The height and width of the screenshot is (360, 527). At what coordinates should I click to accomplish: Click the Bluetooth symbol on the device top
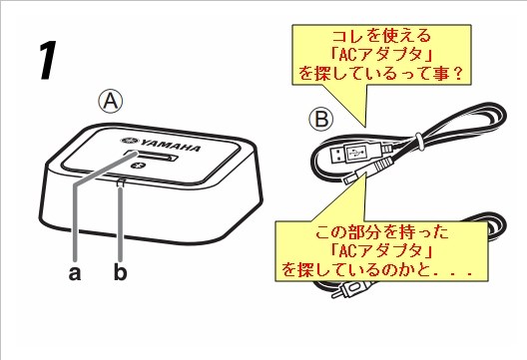pos(142,166)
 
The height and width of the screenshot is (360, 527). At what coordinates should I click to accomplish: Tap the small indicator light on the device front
pos(121,182)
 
